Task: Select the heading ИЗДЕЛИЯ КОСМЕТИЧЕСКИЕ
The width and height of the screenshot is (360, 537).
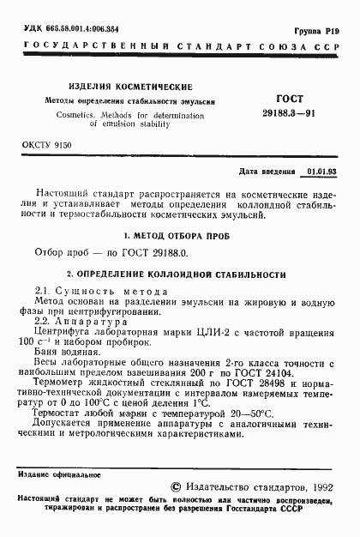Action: [x=131, y=86]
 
